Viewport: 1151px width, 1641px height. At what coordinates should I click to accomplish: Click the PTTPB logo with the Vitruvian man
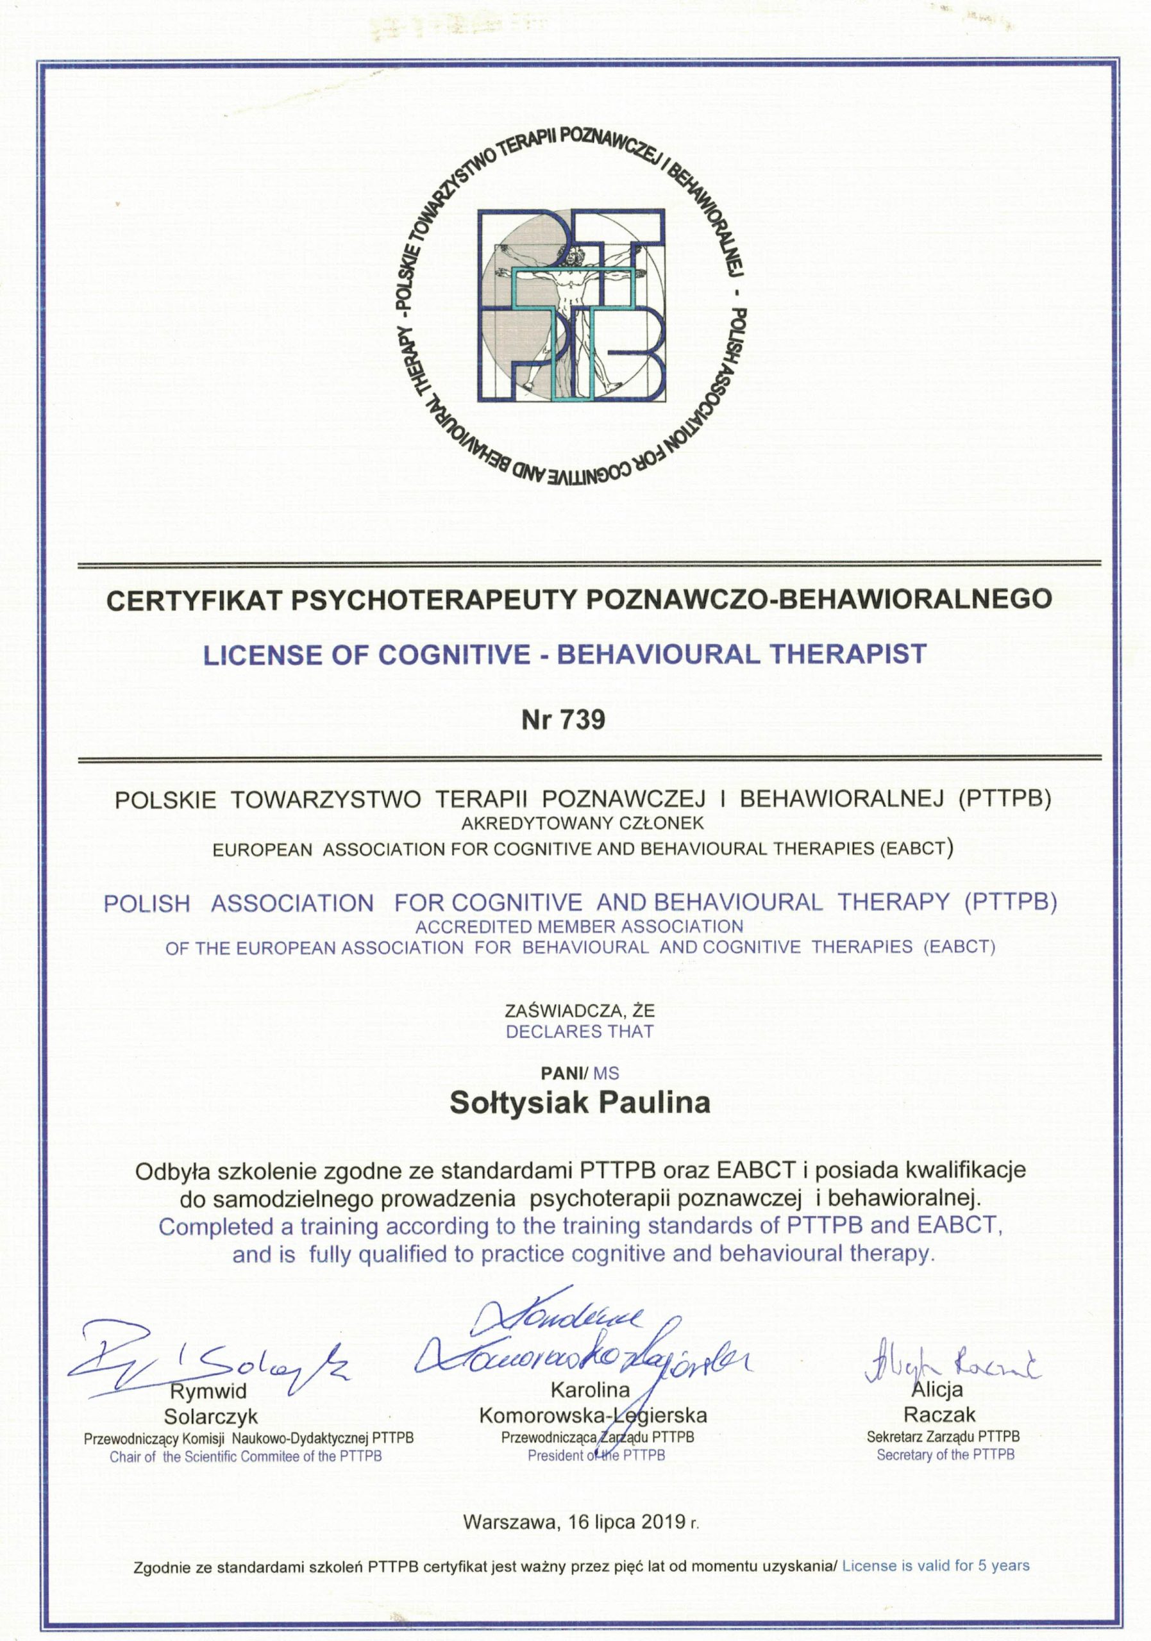[571, 305]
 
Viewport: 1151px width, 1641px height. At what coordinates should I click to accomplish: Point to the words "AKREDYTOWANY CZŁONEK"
[582, 822]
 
